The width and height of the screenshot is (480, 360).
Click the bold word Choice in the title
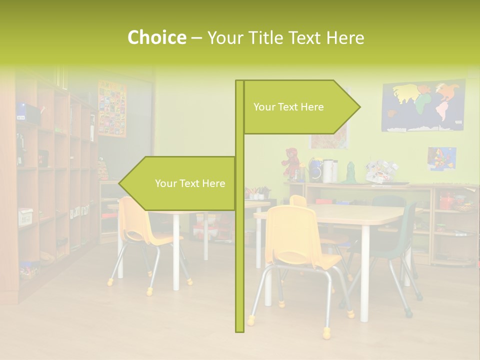click(156, 38)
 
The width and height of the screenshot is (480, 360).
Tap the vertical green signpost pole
click(239, 250)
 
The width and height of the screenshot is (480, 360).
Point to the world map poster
click(423, 106)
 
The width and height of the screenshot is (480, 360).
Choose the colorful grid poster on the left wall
click(112, 108)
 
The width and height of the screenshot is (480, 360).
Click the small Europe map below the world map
click(441, 158)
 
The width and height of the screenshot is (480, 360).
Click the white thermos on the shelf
click(328, 171)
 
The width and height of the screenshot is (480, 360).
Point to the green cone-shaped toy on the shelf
click(351, 172)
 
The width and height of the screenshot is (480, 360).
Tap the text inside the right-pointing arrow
click(288, 107)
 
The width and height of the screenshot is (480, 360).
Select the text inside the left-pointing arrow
click(190, 183)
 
